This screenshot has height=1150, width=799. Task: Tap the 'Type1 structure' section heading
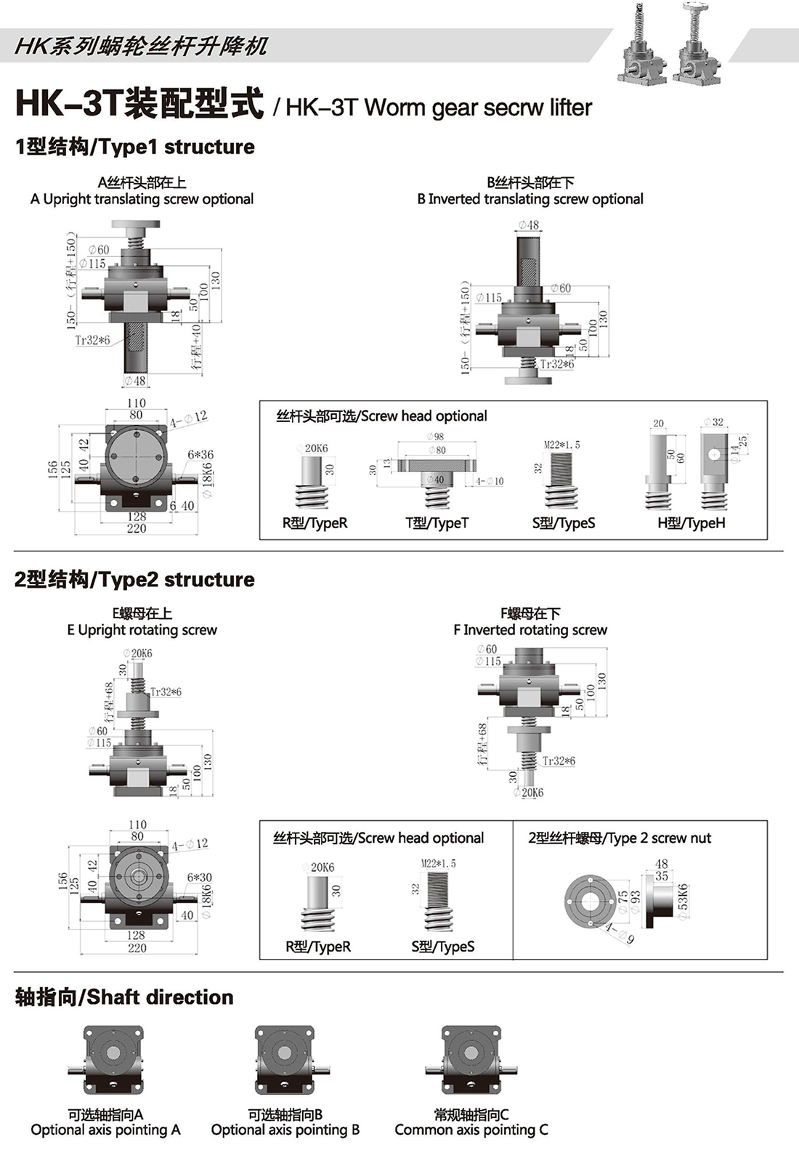(x=135, y=147)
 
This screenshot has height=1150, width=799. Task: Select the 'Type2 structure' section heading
(x=135, y=580)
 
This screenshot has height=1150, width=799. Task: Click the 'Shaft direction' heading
(x=124, y=997)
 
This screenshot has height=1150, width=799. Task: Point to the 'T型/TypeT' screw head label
(x=437, y=523)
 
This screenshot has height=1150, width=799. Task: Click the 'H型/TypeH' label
(x=691, y=523)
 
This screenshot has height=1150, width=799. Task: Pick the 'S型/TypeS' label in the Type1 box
(x=564, y=523)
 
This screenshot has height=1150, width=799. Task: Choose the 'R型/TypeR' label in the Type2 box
(x=318, y=947)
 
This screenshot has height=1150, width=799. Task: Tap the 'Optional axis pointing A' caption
(x=105, y=1130)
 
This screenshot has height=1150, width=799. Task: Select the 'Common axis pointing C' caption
(x=471, y=1130)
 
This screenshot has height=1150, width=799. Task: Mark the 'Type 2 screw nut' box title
(x=620, y=838)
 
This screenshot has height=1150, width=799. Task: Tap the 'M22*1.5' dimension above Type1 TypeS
(x=561, y=445)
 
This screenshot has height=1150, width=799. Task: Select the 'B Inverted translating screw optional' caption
(x=530, y=199)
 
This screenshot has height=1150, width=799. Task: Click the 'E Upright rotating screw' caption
(x=142, y=630)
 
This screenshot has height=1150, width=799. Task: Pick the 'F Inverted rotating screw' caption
(x=530, y=630)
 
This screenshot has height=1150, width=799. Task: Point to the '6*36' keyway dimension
(x=200, y=455)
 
